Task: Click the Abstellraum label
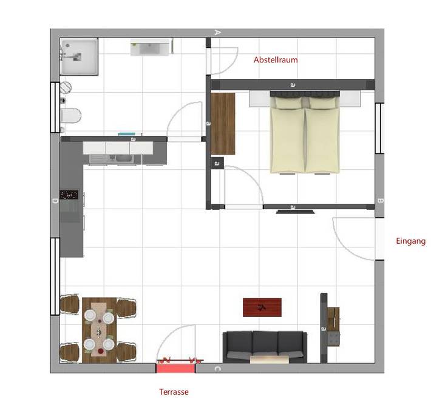tap(275, 60)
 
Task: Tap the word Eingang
tap(410, 241)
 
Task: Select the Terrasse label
tap(174, 392)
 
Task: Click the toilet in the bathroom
tap(72, 115)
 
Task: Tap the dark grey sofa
tap(265, 346)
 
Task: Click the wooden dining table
tap(99, 330)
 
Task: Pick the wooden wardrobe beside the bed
tap(222, 123)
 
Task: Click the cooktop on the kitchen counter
tap(69, 195)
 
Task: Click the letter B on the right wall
tap(380, 201)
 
